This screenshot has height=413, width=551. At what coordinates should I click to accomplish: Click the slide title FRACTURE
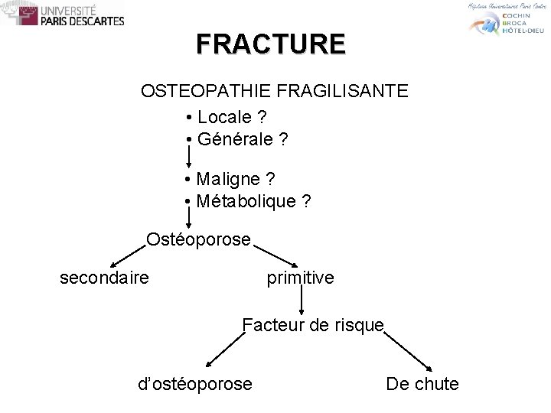[270, 44]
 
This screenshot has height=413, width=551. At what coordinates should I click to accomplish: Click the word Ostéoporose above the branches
[198, 239]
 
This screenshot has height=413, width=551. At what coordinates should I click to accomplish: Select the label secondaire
[104, 278]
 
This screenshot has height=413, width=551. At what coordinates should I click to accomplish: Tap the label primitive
[300, 278]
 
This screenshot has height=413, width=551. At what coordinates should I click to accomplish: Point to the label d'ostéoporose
[194, 383]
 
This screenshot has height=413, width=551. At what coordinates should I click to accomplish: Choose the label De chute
[422, 383]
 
